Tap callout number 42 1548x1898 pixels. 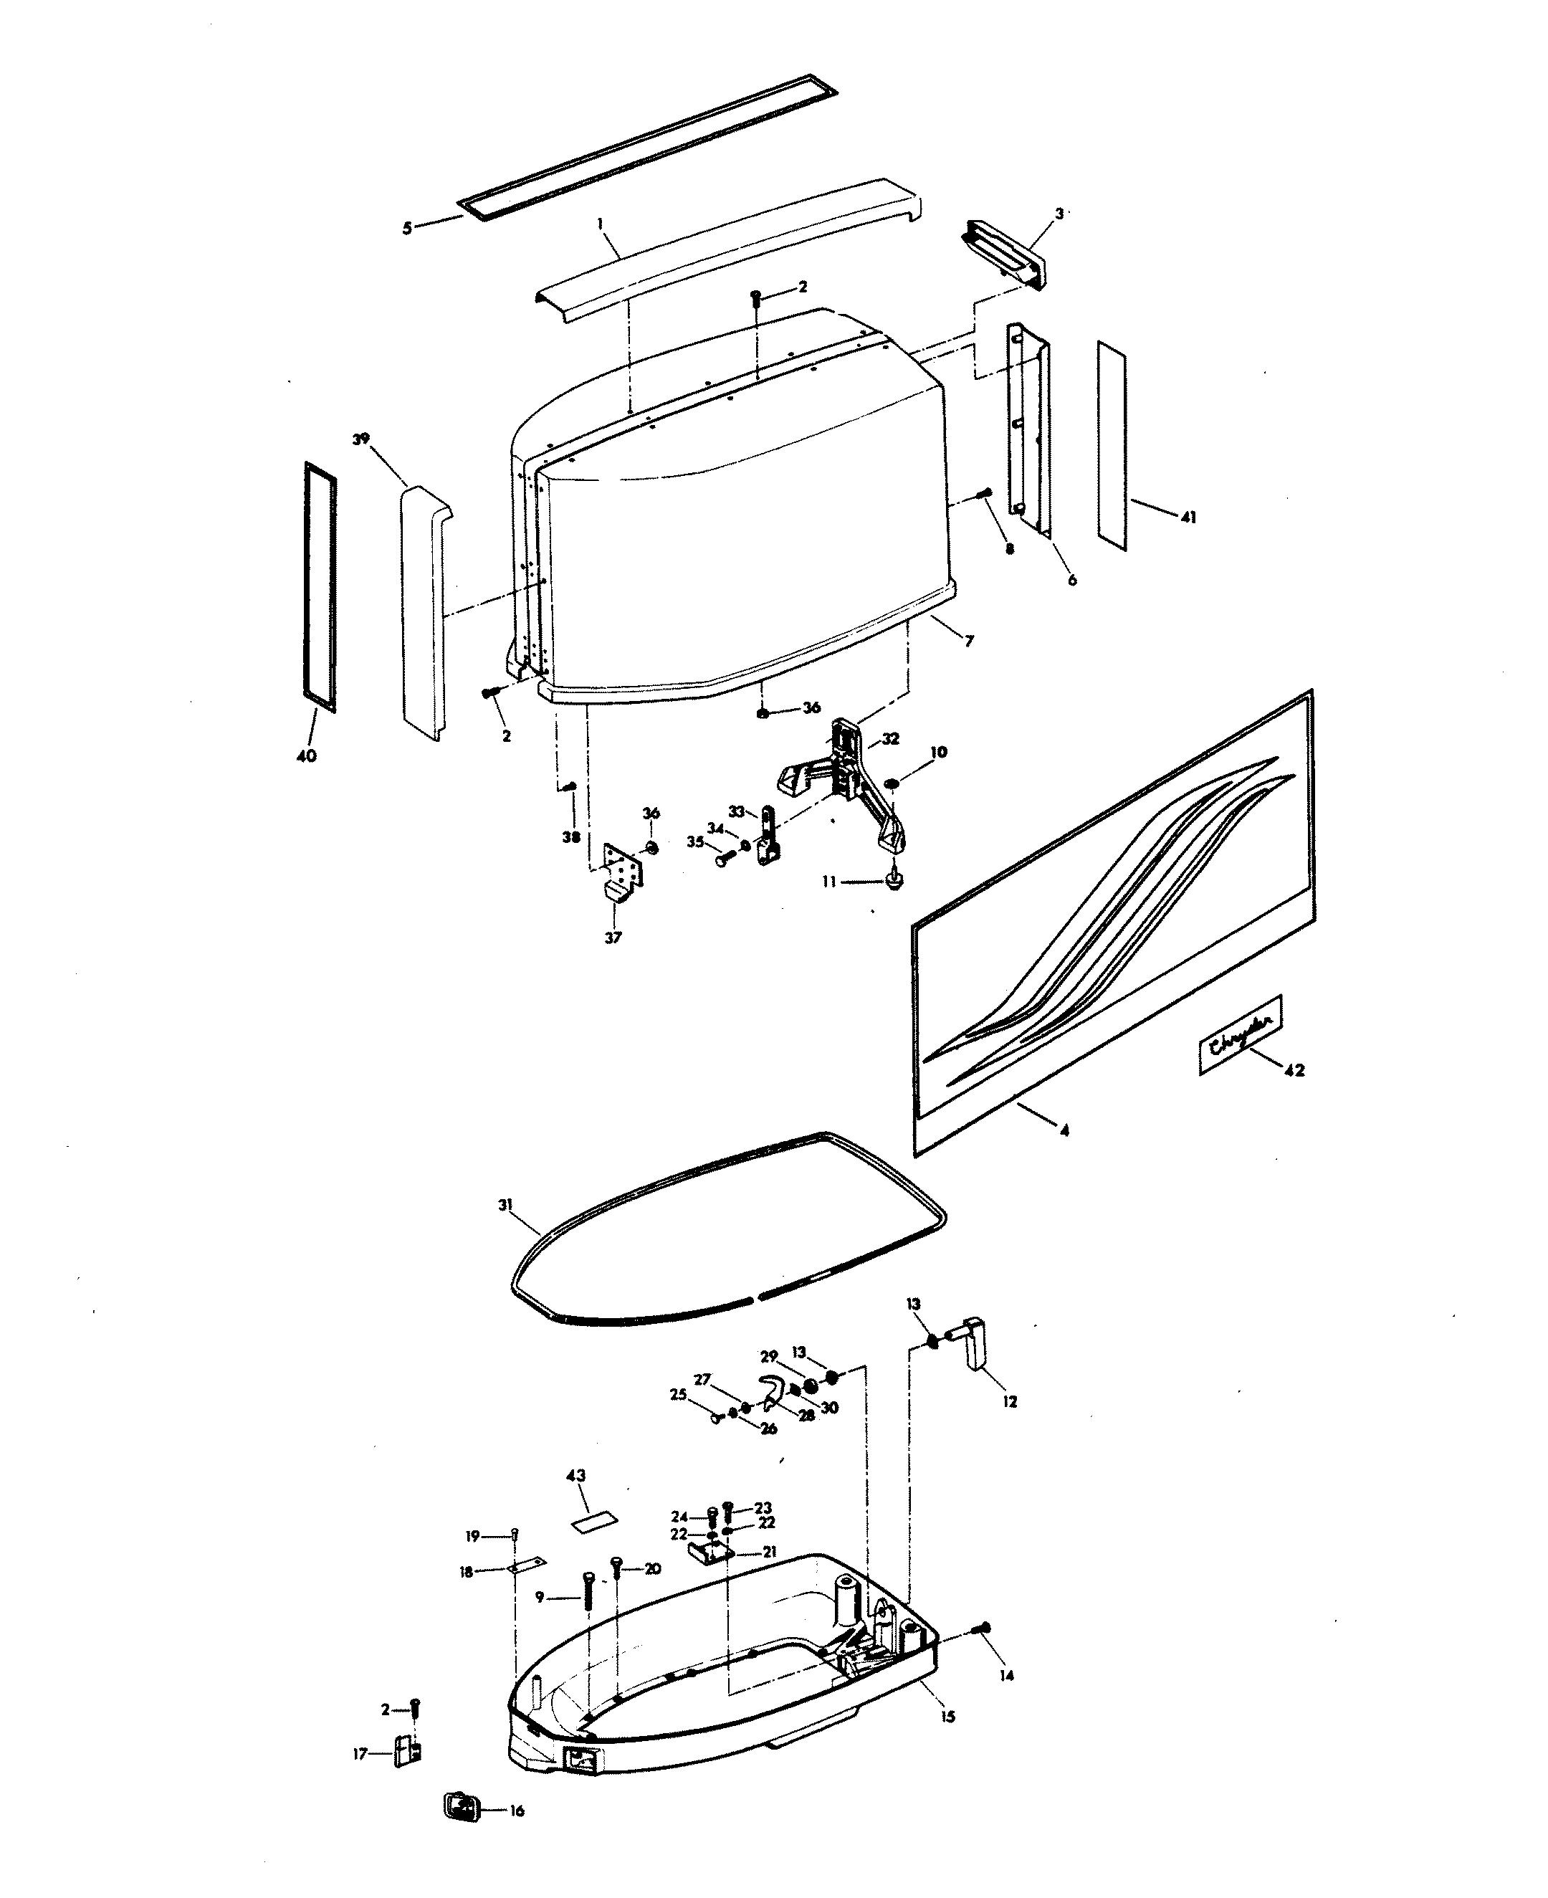(x=1295, y=1070)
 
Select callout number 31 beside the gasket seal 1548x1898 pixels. (x=505, y=1205)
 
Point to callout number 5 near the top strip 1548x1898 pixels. (x=406, y=229)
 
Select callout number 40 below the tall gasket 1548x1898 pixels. (x=306, y=756)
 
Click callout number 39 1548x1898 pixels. (x=361, y=439)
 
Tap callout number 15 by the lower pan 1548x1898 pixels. (x=948, y=1717)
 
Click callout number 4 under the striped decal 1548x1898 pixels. (x=1064, y=1131)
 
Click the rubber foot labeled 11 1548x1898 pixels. (x=894, y=881)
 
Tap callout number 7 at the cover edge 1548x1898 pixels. (x=969, y=640)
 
